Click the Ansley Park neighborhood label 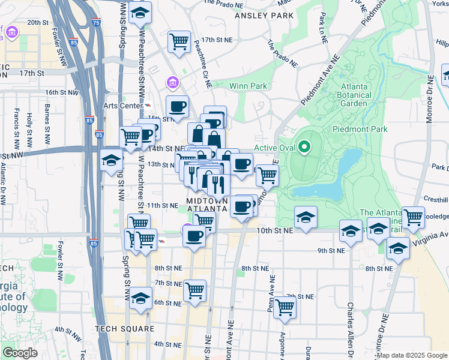click(x=262, y=15)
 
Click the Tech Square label click(x=124, y=329)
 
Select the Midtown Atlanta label click(x=207, y=204)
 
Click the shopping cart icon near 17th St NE click(x=178, y=41)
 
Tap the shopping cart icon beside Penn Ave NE click(x=285, y=307)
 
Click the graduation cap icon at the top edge click(x=140, y=12)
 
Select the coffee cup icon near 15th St click(x=177, y=106)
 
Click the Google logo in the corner click(x=20, y=353)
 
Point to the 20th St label click(x=37, y=22)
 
